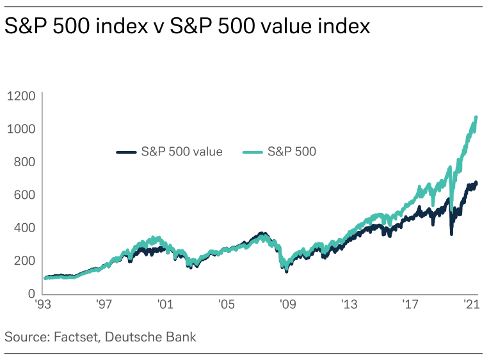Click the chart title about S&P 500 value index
tap(188, 27)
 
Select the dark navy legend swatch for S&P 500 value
tap(126, 152)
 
